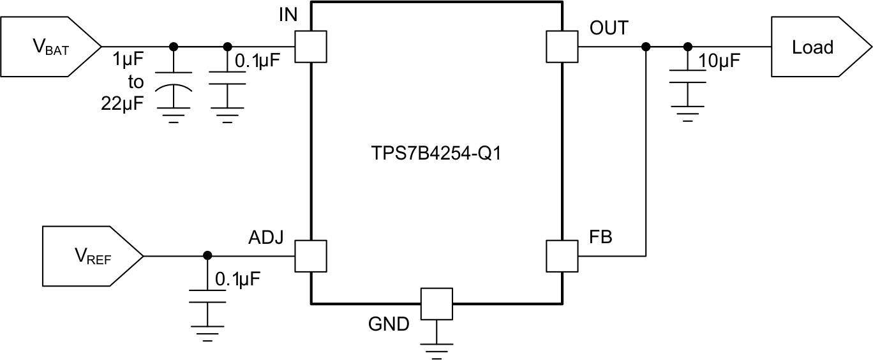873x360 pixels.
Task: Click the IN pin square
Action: (310, 47)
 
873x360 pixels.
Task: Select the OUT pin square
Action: (562, 47)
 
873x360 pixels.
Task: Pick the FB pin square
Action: (562, 256)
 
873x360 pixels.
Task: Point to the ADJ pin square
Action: (310, 256)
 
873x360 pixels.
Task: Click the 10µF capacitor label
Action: (719, 63)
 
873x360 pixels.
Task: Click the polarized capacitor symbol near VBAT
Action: (173, 87)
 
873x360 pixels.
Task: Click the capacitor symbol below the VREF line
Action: (207, 296)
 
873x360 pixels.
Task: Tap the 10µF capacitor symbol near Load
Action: (687, 76)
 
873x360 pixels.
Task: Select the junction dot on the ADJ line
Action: (207, 256)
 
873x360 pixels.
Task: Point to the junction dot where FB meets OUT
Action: (646, 47)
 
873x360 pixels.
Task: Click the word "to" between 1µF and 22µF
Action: (135, 82)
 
